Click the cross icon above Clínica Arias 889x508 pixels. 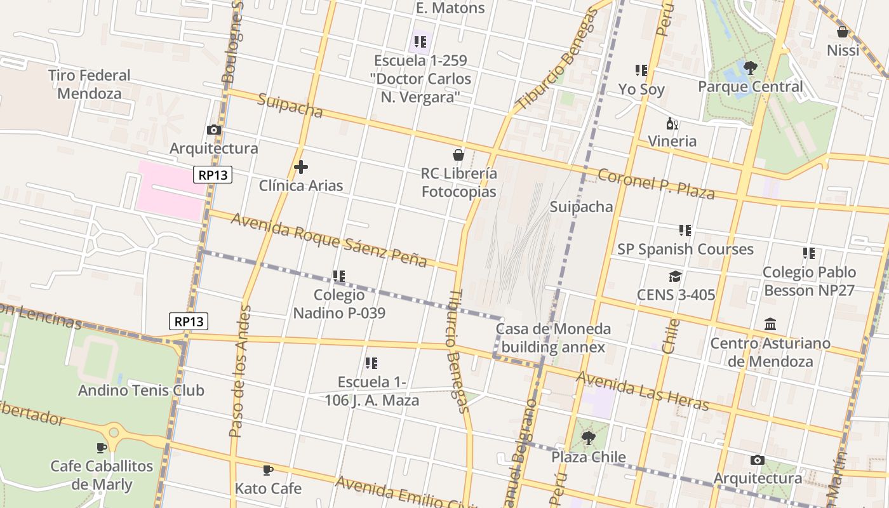[x=301, y=167]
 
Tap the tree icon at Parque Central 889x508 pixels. [x=750, y=67]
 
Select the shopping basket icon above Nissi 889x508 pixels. [x=843, y=31]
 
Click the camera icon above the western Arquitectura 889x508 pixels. [x=214, y=130]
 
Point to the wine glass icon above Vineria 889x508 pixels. [x=672, y=123]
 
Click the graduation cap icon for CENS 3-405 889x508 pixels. [x=675, y=276]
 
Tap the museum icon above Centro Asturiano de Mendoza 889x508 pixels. [x=770, y=324]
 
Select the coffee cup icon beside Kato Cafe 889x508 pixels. [x=268, y=470]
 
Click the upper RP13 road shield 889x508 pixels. [x=213, y=175]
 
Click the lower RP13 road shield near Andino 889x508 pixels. [x=189, y=321]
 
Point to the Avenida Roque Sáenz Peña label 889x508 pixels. [x=328, y=240]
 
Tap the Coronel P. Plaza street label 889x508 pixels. [x=657, y=184]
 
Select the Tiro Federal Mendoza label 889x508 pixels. [x=89, y=84]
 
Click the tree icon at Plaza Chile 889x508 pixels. [x=588, y=438]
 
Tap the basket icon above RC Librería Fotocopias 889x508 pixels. [x=458, y=155]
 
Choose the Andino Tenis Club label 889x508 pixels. [x=141, y=390]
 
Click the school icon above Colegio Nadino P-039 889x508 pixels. [x=339, y=276]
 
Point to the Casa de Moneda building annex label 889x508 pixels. [x=552, y=338]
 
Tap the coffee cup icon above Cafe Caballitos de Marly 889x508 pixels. [x=102, y=447]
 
